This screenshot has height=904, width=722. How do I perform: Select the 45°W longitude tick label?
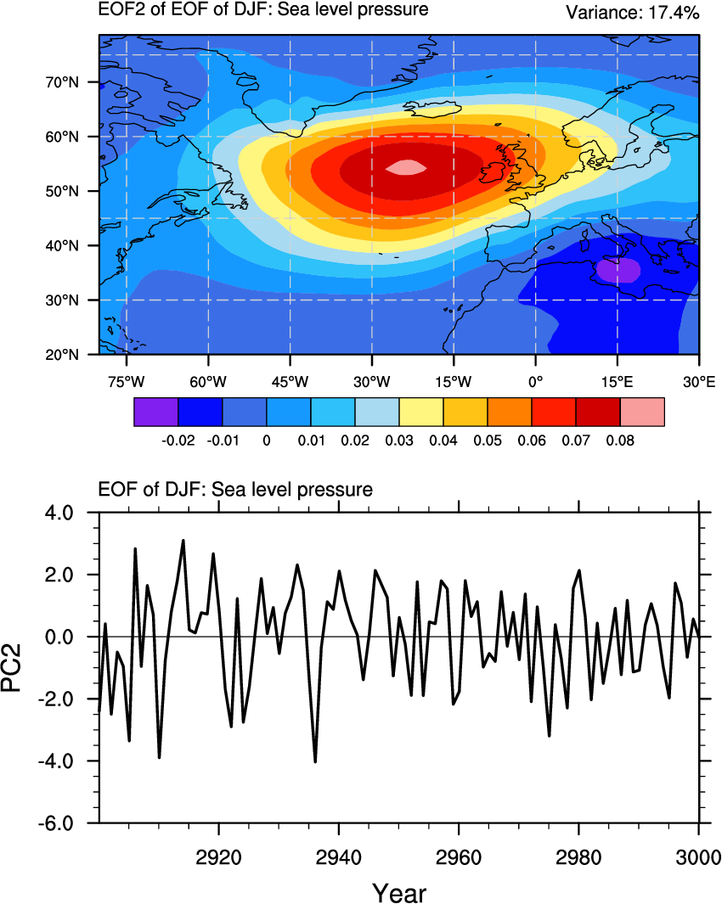click(290, 382)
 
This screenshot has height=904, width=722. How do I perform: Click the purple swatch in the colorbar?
click(156, 412)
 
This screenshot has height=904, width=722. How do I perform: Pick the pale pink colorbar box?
click(642, 412)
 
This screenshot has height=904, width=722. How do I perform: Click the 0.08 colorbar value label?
click(621, 441)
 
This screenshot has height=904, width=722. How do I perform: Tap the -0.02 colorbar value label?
click(178, 441)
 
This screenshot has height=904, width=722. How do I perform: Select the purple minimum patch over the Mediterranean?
click(618, 270)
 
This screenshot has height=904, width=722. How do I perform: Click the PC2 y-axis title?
click(23, 667)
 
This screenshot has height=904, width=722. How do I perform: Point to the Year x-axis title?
click(398, 892)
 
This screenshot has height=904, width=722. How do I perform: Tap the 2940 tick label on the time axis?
click(339, 851)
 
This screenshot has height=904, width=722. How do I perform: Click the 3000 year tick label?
click(698, 851)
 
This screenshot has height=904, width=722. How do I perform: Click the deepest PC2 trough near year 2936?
click(315, 761)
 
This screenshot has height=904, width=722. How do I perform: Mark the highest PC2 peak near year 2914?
click(183, 541)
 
